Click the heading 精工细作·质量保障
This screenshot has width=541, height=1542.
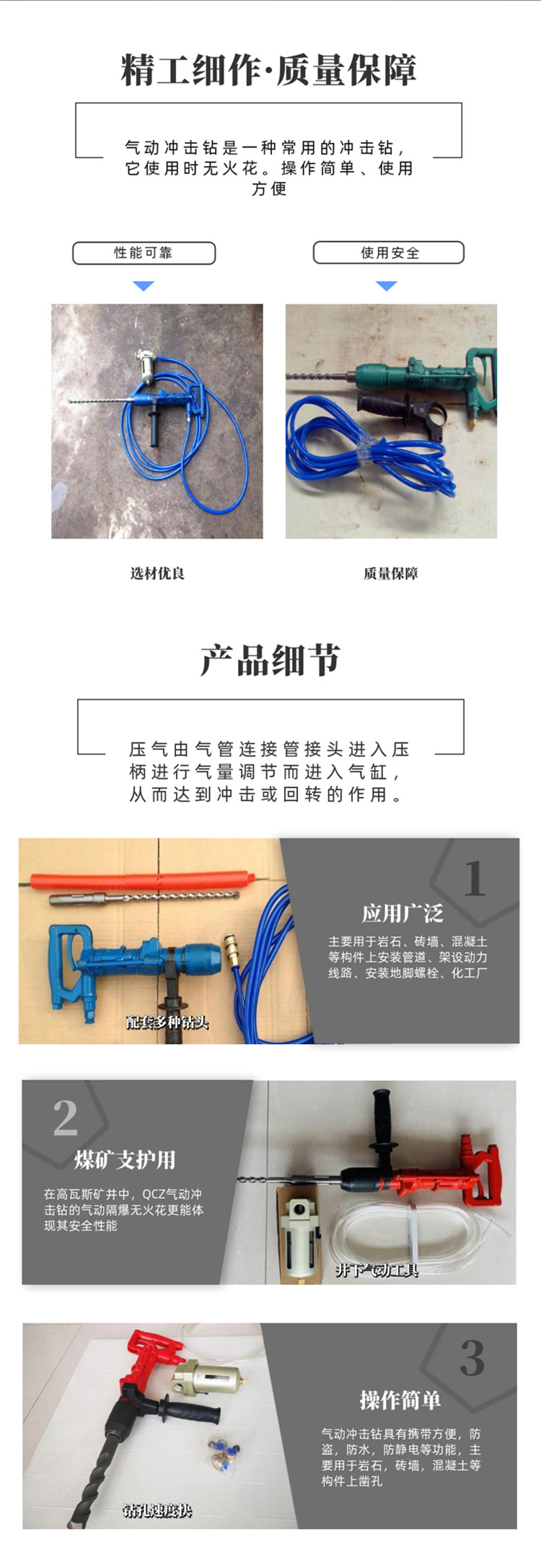click(x=269, y=70)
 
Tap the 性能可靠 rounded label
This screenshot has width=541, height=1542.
click(x=144, y=253)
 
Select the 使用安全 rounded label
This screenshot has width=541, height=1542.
click(x=389, y=253)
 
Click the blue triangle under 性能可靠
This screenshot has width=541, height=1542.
click(x=144, y=286)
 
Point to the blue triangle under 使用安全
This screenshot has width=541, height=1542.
click(x=387, y=286)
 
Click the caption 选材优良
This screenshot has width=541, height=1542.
click(x=157, y=574)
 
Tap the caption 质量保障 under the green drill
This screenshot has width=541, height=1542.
click(x=390, y=574)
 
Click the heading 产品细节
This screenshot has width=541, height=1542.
click(x=270, y=660)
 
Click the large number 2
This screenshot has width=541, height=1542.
click(x=66, y=1118)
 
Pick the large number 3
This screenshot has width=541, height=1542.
click(x=472, y=1358)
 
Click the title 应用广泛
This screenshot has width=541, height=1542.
click(x=403, y=914)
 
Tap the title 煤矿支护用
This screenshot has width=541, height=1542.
click(x=125, y=1160)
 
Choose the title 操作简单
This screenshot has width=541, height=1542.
click(x=400, y=1401)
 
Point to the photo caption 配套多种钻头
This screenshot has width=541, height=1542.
click(x=167, y=1022)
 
